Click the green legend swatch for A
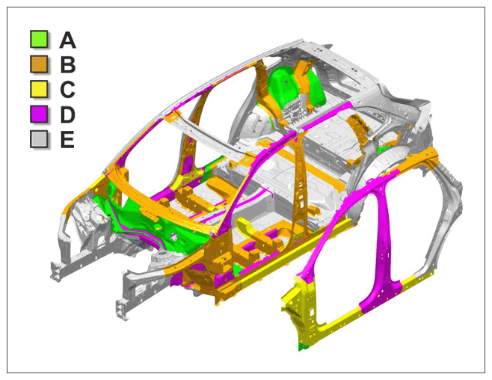point(39,39)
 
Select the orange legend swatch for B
point(39,64)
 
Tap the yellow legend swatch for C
point(39,89)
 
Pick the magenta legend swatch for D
point(39,114)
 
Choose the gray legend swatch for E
point(39,139)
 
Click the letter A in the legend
point(67,40)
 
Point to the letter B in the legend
point(68,64)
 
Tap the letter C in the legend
point(67,90)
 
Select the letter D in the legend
point(68,114)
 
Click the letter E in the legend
point(67,139)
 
